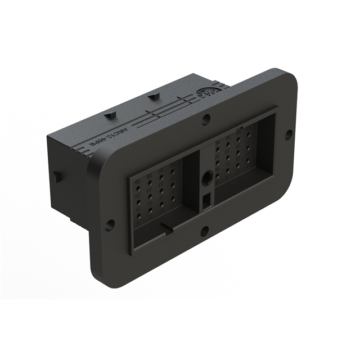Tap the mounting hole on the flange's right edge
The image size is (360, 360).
[x=288, y=134]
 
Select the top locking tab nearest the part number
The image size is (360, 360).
[x=111, y=114]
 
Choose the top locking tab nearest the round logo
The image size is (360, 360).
[x=152, y=97]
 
